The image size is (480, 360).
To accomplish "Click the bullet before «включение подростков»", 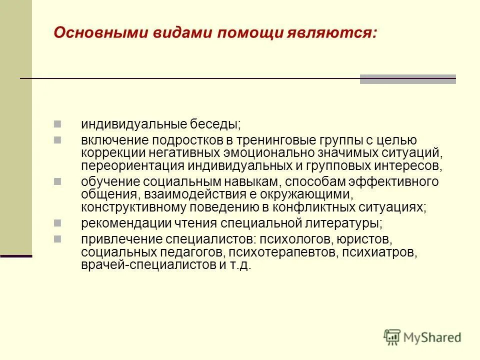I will click(57, 138).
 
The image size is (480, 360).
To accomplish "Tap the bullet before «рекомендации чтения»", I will click(57, 221).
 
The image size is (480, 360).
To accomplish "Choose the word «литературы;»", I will click(339, 222).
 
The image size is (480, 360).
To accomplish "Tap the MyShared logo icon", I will click(392, 337).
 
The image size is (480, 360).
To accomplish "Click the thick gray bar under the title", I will click(407, 79).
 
